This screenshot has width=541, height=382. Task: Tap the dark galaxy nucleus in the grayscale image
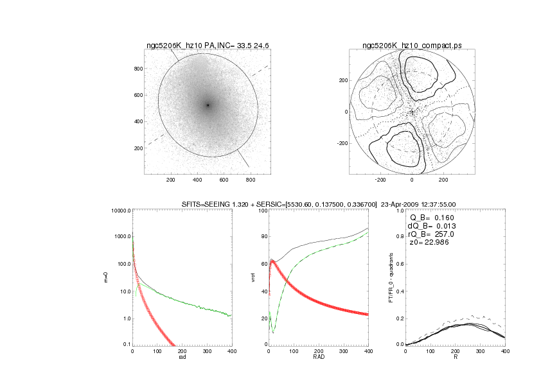pos(208,105)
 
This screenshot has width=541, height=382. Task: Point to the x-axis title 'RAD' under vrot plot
pos(319,358)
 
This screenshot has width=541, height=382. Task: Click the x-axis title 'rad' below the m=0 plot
pos(182,358)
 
